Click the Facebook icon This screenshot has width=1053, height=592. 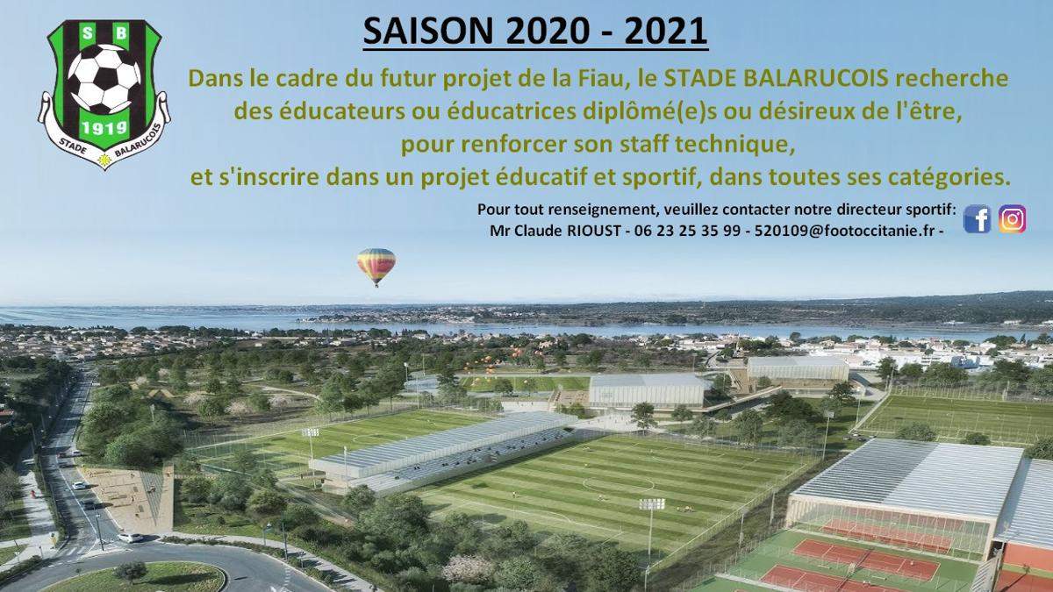(x=977, y=219)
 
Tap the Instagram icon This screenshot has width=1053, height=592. (x=1012, y=219)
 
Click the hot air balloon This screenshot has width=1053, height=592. (x=376, y=267)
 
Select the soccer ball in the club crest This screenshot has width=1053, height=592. (x=104, y=78)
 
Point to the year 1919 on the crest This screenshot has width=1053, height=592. (x=104, y=127)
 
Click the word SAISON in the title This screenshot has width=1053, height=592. (x=428, y=31)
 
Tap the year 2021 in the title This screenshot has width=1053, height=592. (x=666, y=31)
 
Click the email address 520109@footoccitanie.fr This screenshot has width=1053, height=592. (x=844, y=231)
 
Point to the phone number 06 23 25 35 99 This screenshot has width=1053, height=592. (x=687, y=231)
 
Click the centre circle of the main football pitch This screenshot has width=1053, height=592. (x=618, y=483)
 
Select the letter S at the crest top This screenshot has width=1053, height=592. (x=88, y=32)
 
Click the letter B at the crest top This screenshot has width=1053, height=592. (x=121, y=32)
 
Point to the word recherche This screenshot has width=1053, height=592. (x=951, y=78)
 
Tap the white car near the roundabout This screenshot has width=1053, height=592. (x=130, y=537)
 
